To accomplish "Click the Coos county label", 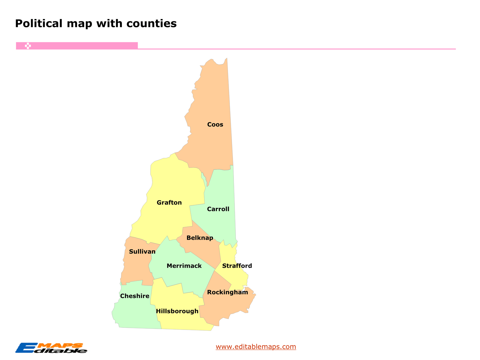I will (215, 124).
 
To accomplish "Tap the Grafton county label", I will (169, 203).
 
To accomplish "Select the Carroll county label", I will (218, 209).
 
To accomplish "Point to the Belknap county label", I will (200, 238).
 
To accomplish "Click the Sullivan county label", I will (142, 252).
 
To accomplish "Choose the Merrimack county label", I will (184, 266).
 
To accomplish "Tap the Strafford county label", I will (237, 266).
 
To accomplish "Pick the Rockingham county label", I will (227, 292).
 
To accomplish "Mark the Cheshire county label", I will (134, 296).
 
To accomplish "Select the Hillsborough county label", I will (177, 311).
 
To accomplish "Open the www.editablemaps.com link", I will (256, 347).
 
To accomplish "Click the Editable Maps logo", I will (51, 348).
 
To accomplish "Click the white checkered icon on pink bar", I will (28, 46).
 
